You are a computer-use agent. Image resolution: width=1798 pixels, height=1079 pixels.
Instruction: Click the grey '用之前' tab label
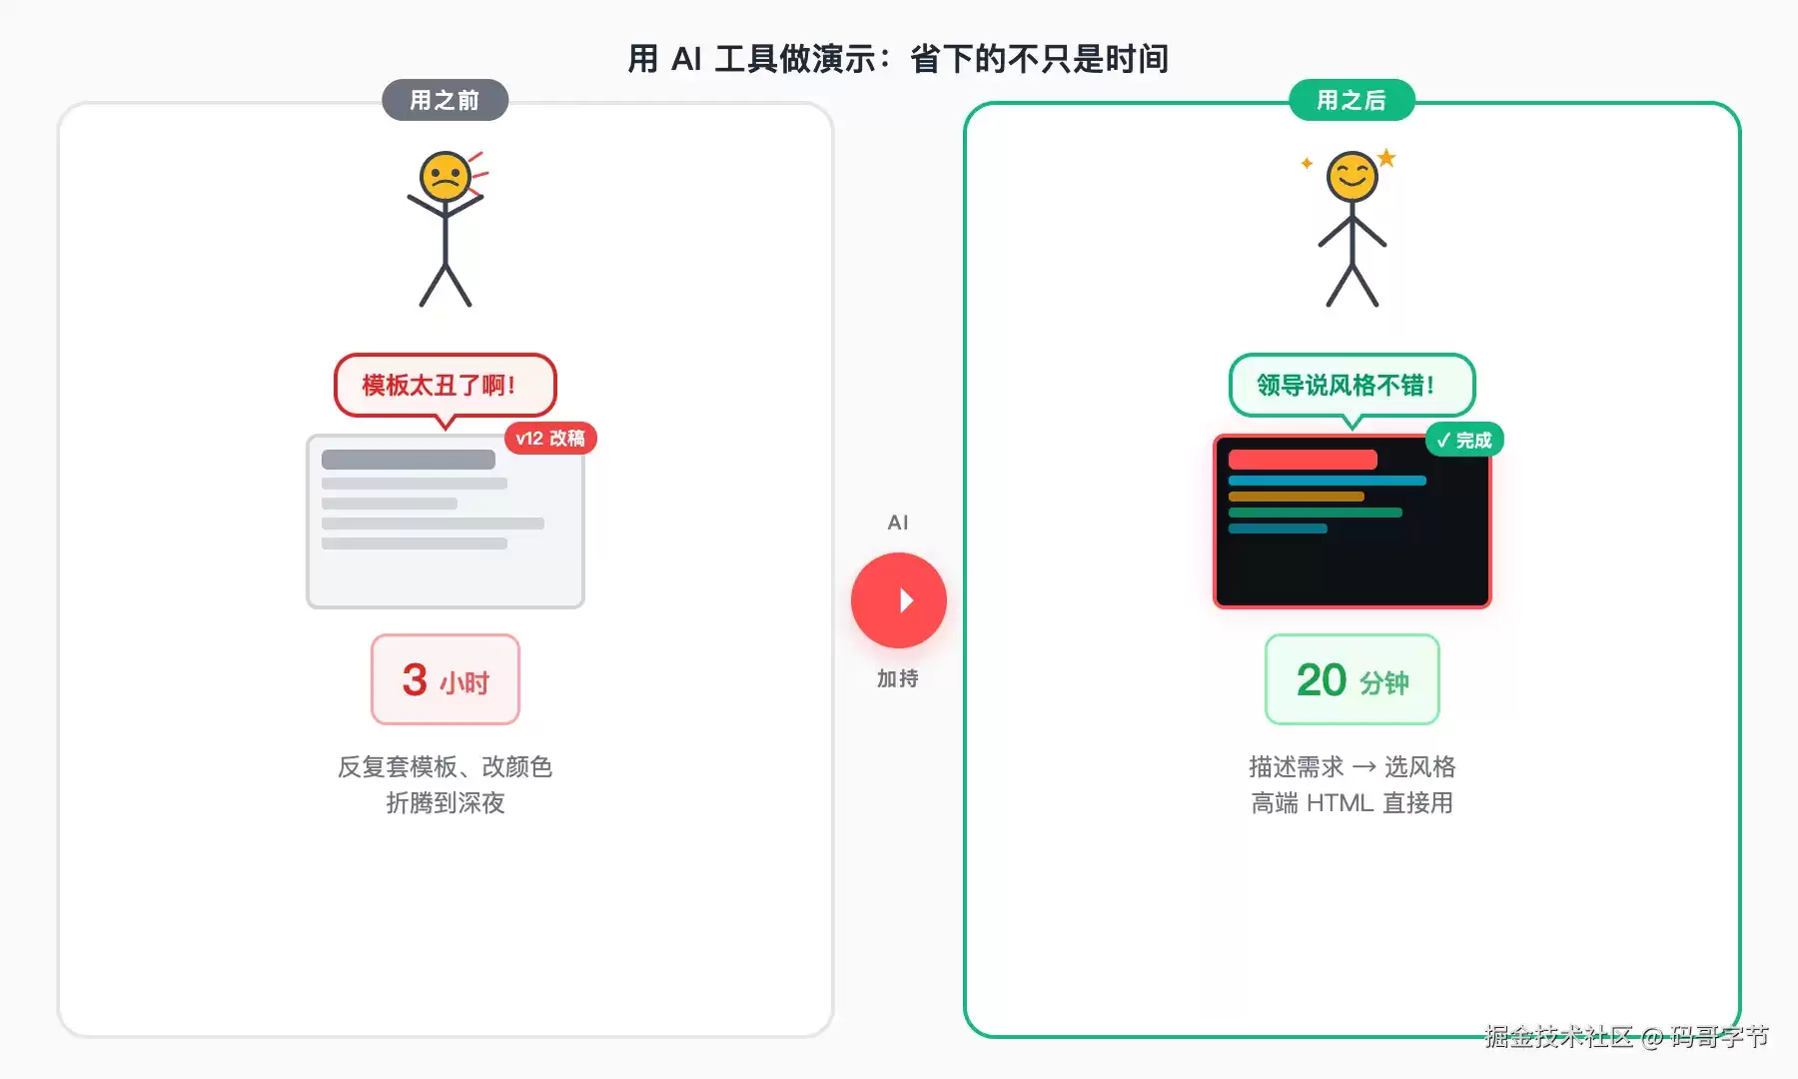(x=445, y=100)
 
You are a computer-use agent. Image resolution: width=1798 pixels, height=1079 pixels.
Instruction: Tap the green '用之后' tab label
(x=1351, y=100)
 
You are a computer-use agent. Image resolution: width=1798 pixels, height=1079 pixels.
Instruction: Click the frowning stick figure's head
(x=446, y=177)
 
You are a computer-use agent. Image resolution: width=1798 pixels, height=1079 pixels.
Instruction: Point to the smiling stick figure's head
(x=1352, y=177)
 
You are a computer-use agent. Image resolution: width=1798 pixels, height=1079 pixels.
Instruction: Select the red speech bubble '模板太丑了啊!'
(x=446, y=386)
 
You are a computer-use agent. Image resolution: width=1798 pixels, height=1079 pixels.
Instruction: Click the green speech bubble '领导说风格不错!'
(x=1352, y=386)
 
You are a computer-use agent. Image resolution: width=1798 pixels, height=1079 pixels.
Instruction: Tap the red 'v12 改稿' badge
(x=550, y=439)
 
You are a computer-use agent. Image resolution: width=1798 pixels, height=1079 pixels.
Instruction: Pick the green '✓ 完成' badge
(x=1464, y=440)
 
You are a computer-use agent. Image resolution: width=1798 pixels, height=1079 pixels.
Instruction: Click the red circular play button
(x=899, y=600)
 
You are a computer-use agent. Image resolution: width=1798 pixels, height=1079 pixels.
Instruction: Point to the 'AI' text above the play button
(x=898, y=523)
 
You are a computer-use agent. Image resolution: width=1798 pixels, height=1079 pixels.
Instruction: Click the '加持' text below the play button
(x=898, y=678)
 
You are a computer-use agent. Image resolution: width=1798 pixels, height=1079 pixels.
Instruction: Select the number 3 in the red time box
(x=415, y=680)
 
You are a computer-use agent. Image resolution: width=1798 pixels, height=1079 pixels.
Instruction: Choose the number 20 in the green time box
(x=1322, y=680)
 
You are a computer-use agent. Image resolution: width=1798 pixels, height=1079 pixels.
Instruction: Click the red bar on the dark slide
(x=1303, y=460)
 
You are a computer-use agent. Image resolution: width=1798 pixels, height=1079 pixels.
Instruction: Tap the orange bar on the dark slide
(x=1297, y=497)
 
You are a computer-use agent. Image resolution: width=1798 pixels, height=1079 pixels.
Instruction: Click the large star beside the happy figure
(x=1386, y=158)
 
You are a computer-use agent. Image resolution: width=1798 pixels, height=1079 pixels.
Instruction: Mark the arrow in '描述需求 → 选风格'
(x=1364, y=767)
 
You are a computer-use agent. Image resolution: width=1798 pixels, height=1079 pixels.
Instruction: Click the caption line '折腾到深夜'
(x=446, y=803)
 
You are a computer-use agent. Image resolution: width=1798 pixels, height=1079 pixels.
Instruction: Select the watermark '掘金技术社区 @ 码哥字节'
(x=1626, y=1036)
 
